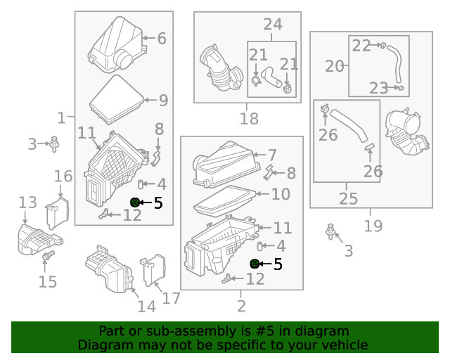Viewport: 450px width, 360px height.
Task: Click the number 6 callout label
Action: point(162,38)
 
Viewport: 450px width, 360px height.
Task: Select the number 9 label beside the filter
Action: point(163,101)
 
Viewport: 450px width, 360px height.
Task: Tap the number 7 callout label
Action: point(272,155)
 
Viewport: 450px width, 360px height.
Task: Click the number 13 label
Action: point(27,202)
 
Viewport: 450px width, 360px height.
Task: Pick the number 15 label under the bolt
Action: point(47,282)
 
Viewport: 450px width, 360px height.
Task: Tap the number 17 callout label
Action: point(171,298)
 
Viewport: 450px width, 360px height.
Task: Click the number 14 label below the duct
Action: point(146,307)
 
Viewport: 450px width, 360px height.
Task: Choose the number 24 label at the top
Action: point(273,25)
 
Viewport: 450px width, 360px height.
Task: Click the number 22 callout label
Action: point(361,45)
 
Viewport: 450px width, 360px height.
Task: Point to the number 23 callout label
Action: point(378,88)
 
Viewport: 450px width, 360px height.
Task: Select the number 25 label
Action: point(349,198)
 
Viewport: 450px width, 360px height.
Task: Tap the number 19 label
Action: point(373,226)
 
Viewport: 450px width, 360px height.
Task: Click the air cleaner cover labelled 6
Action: point(117,45)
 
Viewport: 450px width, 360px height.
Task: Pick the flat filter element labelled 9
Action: point(117,97)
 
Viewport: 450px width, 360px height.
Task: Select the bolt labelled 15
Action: point(49,257)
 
